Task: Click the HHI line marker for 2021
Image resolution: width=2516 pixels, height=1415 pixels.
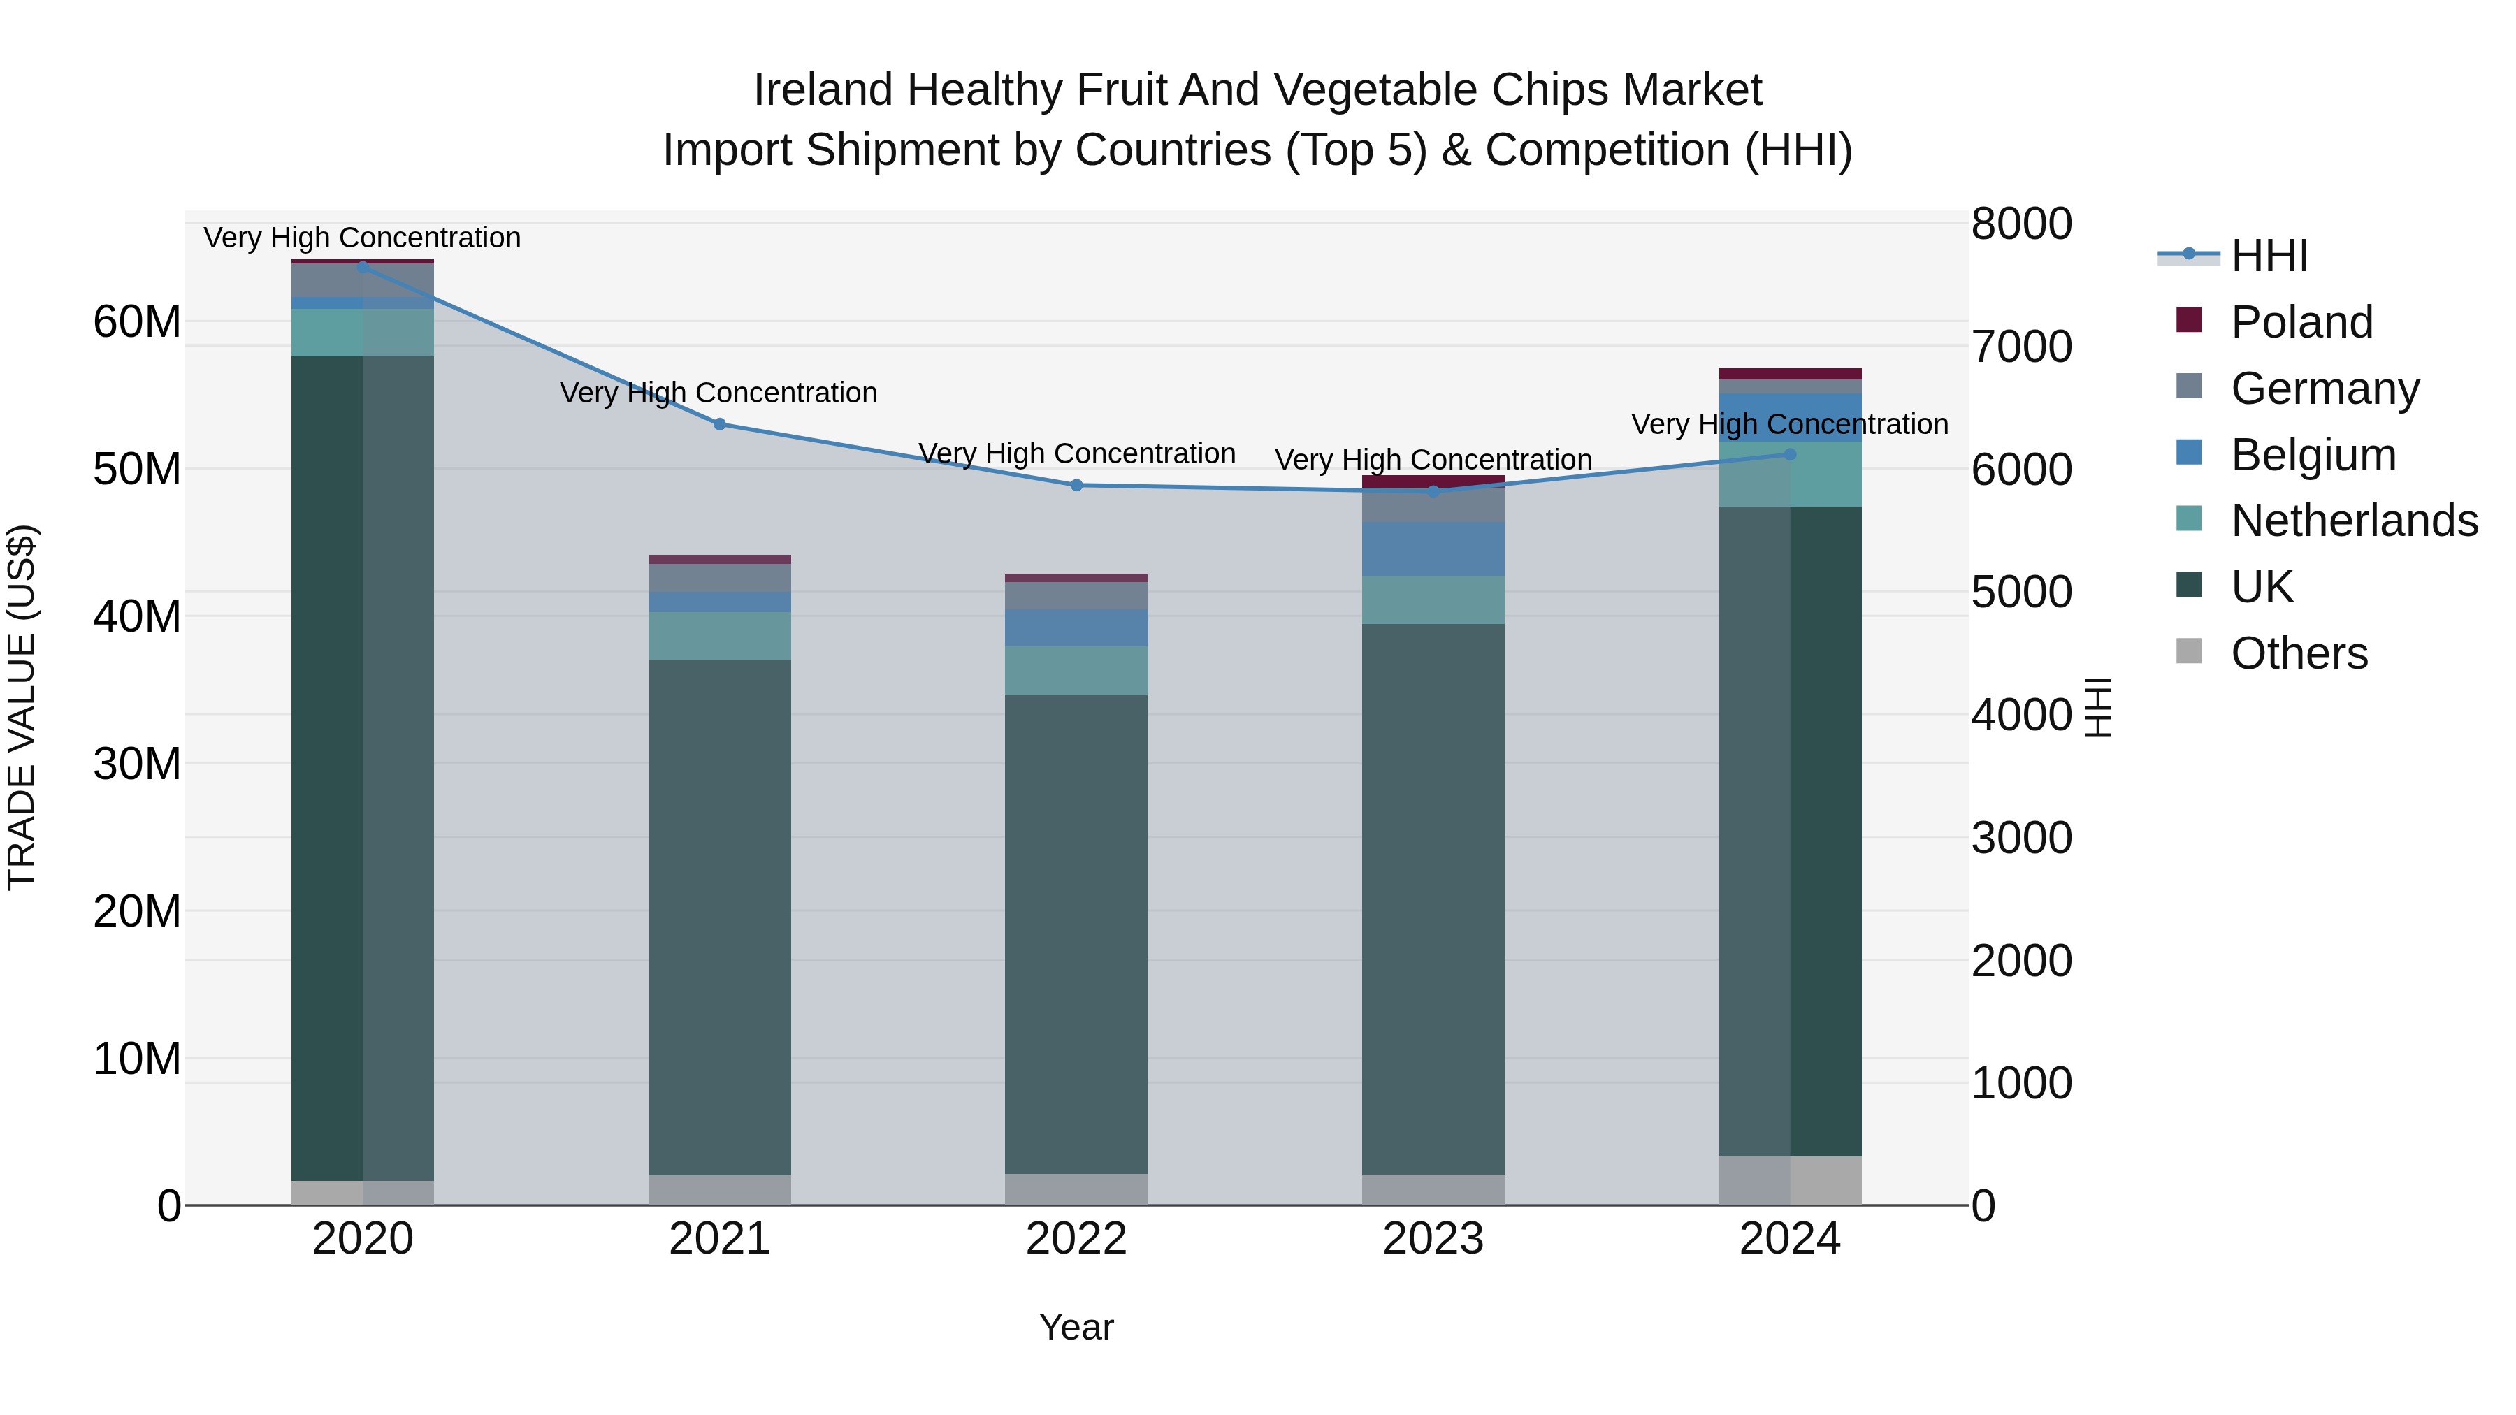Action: [720, 424]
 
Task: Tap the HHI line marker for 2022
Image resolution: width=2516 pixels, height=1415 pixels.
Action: [1076, 486]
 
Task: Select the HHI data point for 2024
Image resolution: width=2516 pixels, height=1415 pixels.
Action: [1791, 454]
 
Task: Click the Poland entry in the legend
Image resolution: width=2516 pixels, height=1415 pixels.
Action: [2301, 322]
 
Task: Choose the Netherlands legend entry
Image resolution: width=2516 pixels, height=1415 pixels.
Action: [2354, 521]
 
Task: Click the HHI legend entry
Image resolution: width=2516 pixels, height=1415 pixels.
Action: [2269, 256]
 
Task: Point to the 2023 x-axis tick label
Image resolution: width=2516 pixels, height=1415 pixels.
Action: [1433, 1239]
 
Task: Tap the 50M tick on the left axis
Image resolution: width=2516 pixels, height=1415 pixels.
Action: [137, 470]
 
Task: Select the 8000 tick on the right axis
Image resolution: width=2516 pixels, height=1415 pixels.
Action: [2020, 224]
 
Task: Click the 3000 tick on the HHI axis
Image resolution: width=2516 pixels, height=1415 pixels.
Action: [2020, 838]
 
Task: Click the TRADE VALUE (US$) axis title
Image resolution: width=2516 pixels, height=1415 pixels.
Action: [22, 707]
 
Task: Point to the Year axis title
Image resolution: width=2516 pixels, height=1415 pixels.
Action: [1076, 1327]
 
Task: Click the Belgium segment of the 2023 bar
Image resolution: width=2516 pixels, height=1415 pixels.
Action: [1433, 549]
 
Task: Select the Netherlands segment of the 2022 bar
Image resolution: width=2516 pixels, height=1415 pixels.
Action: [1076, 670]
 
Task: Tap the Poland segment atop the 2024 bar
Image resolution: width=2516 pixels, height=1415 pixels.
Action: [1791, 374]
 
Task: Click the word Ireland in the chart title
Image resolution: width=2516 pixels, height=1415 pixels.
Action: [823, 90]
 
